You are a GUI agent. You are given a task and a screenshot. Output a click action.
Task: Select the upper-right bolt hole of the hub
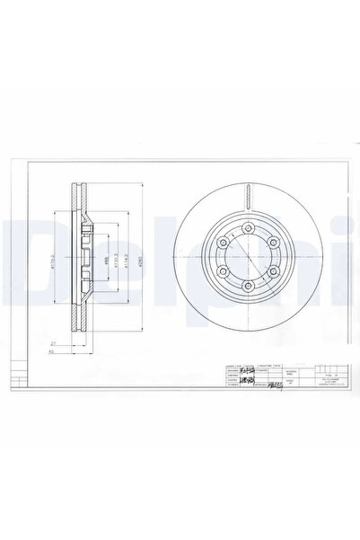tap(269, 243)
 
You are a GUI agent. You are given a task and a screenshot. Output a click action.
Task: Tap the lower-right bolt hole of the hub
tap(269, 270)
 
